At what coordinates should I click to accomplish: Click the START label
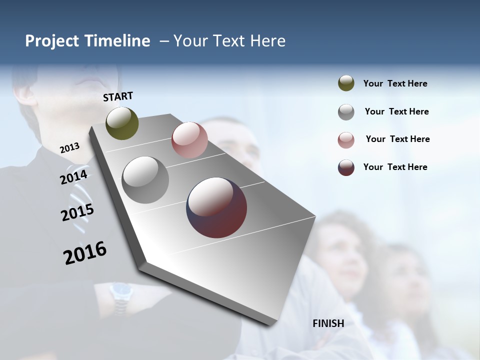pos(118,96)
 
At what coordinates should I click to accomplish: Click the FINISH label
pos(328,323)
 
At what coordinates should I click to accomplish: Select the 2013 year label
pos(69,148)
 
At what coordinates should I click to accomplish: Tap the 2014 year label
pos(74,177)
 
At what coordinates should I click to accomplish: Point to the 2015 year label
pos(77,212)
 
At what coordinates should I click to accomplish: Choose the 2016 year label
pos(85,252)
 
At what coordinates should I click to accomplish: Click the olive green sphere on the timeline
pos(122,123)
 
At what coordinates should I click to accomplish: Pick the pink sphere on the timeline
pos(189,140)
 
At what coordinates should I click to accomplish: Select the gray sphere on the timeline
pos(145,180)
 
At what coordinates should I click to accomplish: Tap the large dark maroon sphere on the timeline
pos(216,207)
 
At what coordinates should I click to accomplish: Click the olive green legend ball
pos(346,83)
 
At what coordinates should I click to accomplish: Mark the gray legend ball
pos(346,112)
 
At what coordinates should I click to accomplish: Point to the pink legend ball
pos(346,140)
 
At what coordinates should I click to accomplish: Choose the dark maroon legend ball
pos(346,167)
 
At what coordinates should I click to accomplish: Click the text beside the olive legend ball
pos(395,83)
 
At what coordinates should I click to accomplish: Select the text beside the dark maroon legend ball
pos(395,167)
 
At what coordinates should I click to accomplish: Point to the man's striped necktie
pos(80,200)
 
